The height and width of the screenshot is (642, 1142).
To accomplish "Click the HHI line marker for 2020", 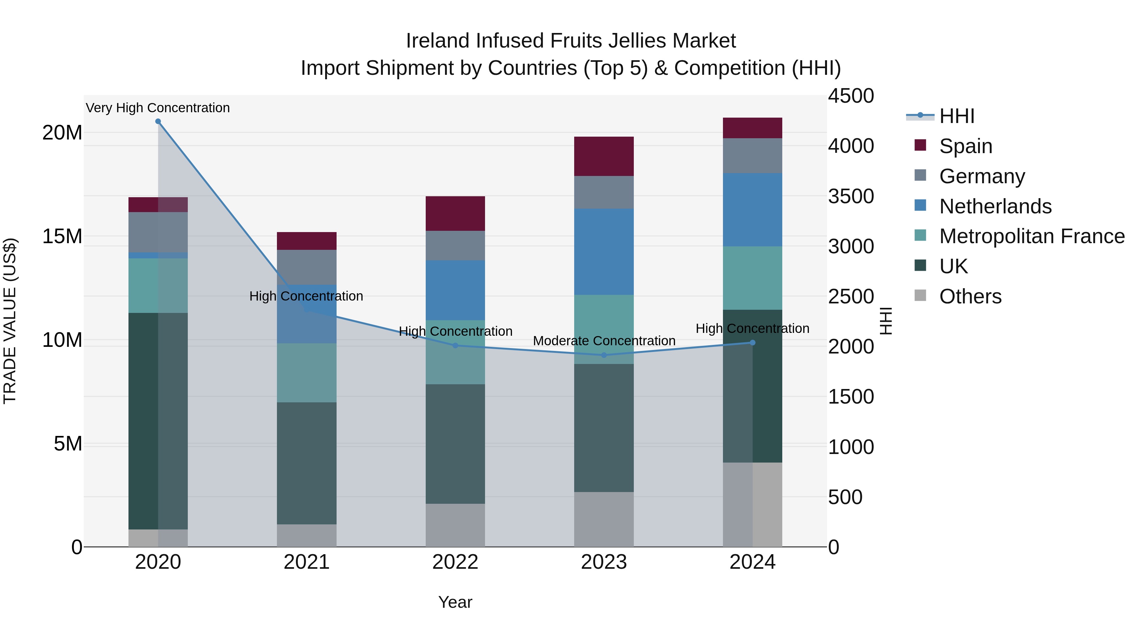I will (x=158, y=121).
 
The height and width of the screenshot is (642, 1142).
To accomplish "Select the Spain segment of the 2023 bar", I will (x=604, y=156).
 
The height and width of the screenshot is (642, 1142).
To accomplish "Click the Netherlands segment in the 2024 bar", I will (x=752, y=210).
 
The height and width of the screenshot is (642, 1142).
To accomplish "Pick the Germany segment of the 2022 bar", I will (x=455, y=245).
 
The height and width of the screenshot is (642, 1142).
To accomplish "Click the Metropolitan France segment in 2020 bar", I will (x=158, y=285).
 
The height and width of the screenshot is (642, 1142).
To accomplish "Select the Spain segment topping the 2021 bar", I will (x=306, y=241).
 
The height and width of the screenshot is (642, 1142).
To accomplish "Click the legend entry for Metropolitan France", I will (x=1032, y=236).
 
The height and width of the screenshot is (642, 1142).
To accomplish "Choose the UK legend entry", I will (x=953, y=266).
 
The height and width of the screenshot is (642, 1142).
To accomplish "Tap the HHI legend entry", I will (x=957, y=116).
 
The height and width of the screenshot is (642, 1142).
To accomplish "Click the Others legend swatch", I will (x=920, y=295).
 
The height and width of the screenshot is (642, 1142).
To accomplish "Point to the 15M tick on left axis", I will (x=62, y=236).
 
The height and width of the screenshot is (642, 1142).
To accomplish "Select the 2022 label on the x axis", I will (x=455, y=562).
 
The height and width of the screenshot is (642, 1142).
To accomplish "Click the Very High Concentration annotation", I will (x=158, y=108).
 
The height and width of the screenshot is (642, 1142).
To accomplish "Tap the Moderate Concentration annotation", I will (x=604, y=341).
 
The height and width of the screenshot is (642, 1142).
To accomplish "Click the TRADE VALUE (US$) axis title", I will (x=10, y=321).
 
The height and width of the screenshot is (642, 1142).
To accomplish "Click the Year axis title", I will (x=455, y=602).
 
